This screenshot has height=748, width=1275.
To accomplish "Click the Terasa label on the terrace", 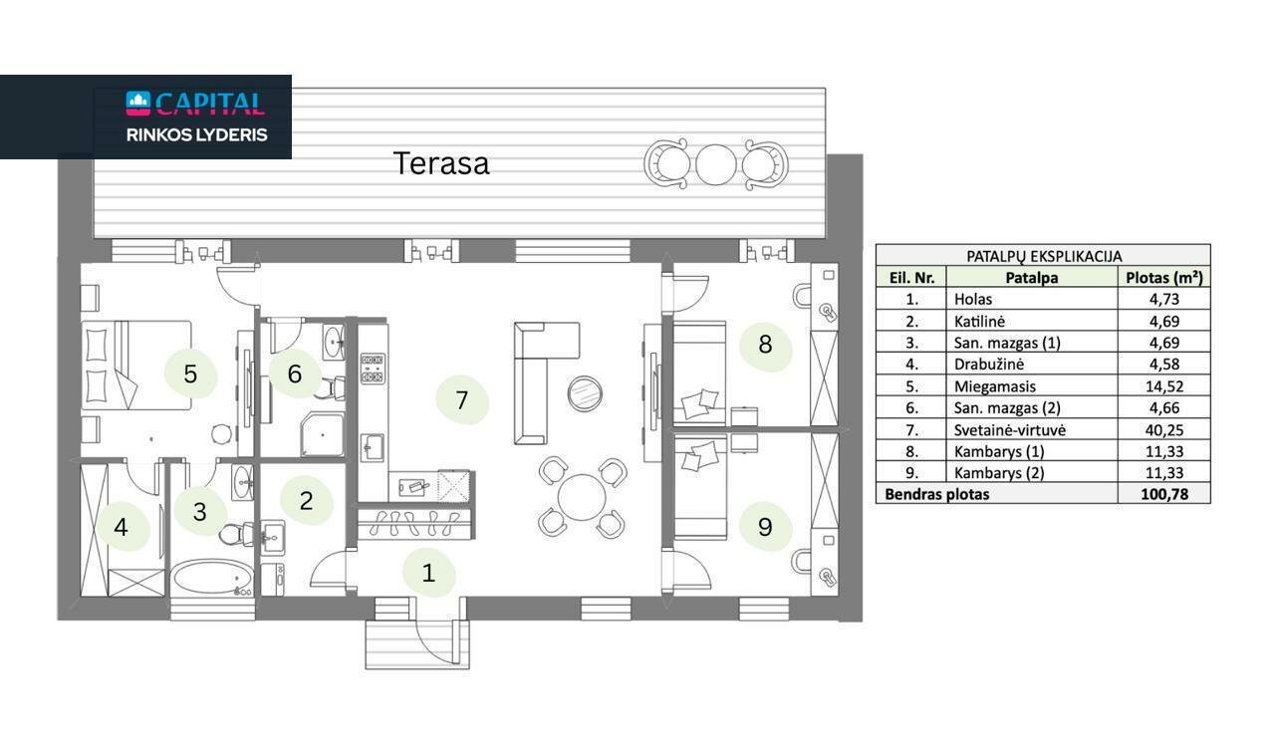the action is point(441,163).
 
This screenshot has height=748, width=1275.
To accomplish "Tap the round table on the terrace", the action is point(716,164).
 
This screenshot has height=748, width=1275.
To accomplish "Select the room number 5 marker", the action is point(190,374).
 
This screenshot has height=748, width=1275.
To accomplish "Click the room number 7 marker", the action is point(461,399).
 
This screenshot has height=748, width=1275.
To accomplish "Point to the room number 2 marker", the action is point(306,500).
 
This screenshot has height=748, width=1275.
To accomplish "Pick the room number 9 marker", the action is point(765,527).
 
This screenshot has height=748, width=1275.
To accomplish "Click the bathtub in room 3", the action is point(213,578).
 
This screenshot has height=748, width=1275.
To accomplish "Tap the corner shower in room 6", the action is point(322,435).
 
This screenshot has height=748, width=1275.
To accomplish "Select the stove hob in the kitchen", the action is point(373,369).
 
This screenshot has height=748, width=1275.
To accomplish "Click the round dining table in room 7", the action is point(581,497).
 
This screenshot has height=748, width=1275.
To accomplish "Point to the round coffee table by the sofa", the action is point(585,393).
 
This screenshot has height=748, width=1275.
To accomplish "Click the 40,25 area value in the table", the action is point(1164,430).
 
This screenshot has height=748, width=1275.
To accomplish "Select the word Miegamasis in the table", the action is point(994,386).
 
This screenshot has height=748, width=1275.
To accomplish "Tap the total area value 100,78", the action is point(1164,494).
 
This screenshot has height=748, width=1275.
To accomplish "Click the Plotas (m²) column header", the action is point(1164,277).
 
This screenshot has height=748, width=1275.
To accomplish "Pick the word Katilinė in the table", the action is point(979,321).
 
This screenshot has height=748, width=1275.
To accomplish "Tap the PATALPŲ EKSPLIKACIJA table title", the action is point(1044,256).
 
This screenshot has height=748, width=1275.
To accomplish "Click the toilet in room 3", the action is point(236,534).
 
